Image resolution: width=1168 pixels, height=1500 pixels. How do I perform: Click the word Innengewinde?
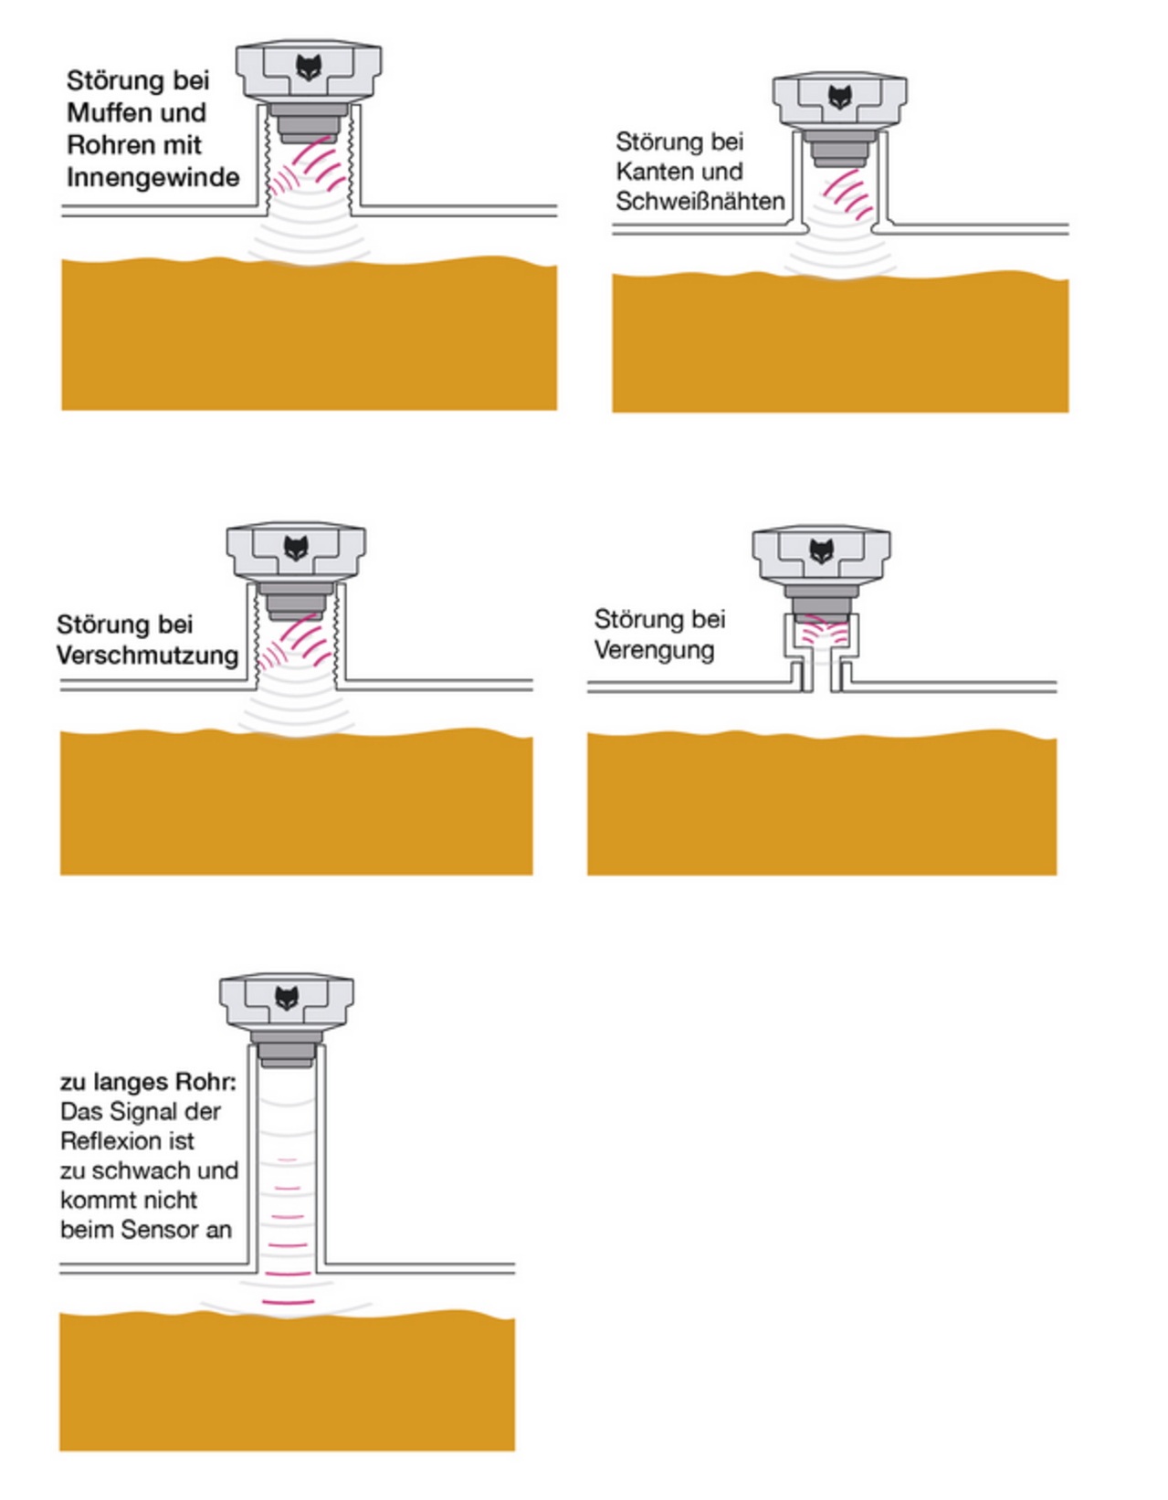coord(153,177)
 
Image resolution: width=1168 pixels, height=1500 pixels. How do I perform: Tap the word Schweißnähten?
coord(700,202)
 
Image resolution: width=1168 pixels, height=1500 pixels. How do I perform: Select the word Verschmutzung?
coord(147,656)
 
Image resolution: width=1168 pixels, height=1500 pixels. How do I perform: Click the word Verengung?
coord(654,650)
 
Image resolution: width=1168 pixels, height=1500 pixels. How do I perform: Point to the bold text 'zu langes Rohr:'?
coord(148,1083)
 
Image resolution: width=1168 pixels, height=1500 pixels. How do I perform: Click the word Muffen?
coord(99,113)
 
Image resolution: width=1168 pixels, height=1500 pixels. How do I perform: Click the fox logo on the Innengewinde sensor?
coord(309,67)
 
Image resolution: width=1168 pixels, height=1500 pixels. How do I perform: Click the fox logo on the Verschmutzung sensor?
coord(295,548)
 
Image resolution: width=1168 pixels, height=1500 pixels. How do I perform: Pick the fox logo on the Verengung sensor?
coord(821,551)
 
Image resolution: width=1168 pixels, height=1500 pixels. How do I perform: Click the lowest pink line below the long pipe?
coord(288,1301)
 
